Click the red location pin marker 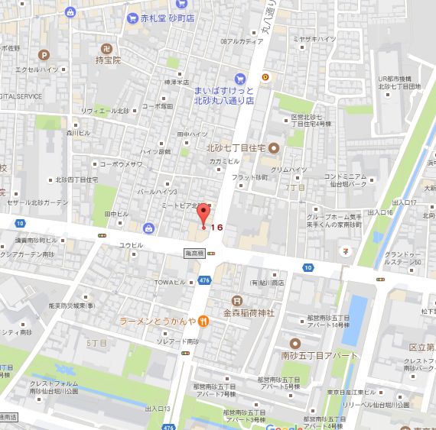[x=203, y=215]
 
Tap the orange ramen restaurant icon [x=205, y=322]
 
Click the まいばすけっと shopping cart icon [x=240, y=77]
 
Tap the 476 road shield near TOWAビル [x=205, y=281]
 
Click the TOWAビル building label [x=165, y=281]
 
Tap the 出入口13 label [x=157, y=409]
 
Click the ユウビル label [x=131, y=245]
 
